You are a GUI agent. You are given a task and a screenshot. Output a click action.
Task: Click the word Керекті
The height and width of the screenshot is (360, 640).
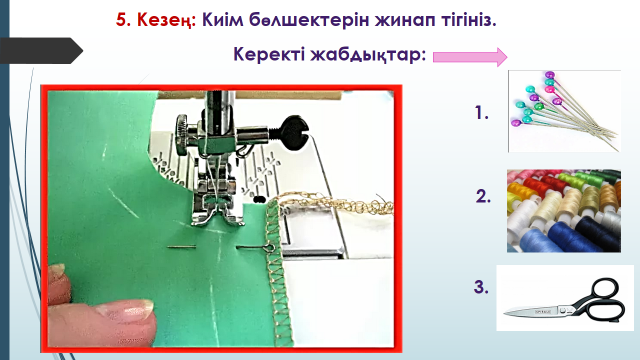[x=269, y=54]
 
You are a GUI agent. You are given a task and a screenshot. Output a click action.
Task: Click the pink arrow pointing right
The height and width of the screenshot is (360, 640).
[x=470, y=57]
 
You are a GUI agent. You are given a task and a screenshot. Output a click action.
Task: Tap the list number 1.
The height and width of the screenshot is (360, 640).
[x=482, y=112]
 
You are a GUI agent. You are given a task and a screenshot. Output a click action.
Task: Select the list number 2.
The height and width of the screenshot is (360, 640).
[x=483, y=196]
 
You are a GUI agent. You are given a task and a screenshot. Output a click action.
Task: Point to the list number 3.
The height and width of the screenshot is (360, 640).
[x=481, y=287]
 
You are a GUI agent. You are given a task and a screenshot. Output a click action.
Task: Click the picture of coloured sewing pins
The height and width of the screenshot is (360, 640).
[x=564, y=111]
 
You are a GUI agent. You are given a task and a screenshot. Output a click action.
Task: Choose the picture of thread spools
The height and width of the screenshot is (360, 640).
[x=564, y=211]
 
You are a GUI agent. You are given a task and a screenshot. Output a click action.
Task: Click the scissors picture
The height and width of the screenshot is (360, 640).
[x=565, y=298]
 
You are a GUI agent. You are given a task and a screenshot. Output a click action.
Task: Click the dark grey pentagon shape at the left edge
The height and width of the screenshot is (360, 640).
[x=41, y=51]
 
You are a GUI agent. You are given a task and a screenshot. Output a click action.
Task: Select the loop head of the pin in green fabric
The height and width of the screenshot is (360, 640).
[x=268, y=247]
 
